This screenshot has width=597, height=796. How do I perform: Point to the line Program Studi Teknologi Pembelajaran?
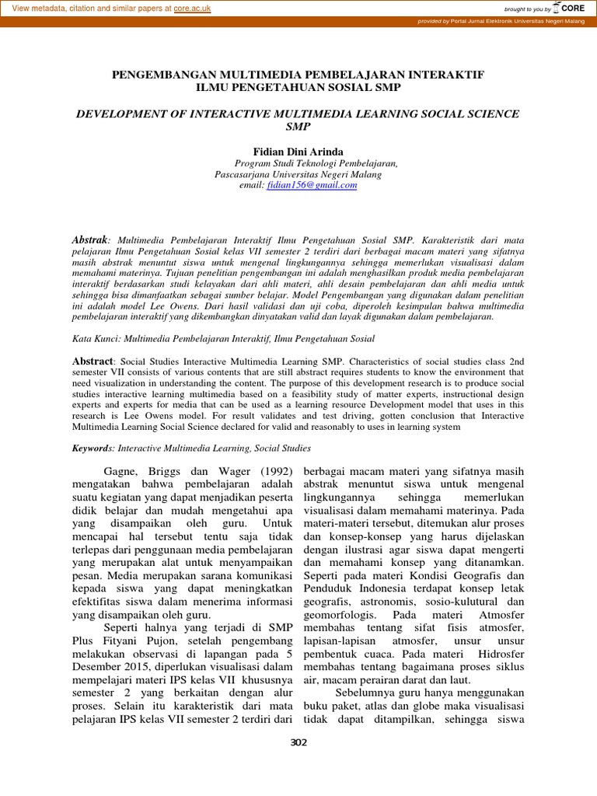point(316,163)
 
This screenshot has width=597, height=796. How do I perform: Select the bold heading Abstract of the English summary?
point(93,361)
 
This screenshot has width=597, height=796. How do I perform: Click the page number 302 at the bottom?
point(298,742)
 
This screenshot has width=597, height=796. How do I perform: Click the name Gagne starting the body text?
point(121,472)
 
